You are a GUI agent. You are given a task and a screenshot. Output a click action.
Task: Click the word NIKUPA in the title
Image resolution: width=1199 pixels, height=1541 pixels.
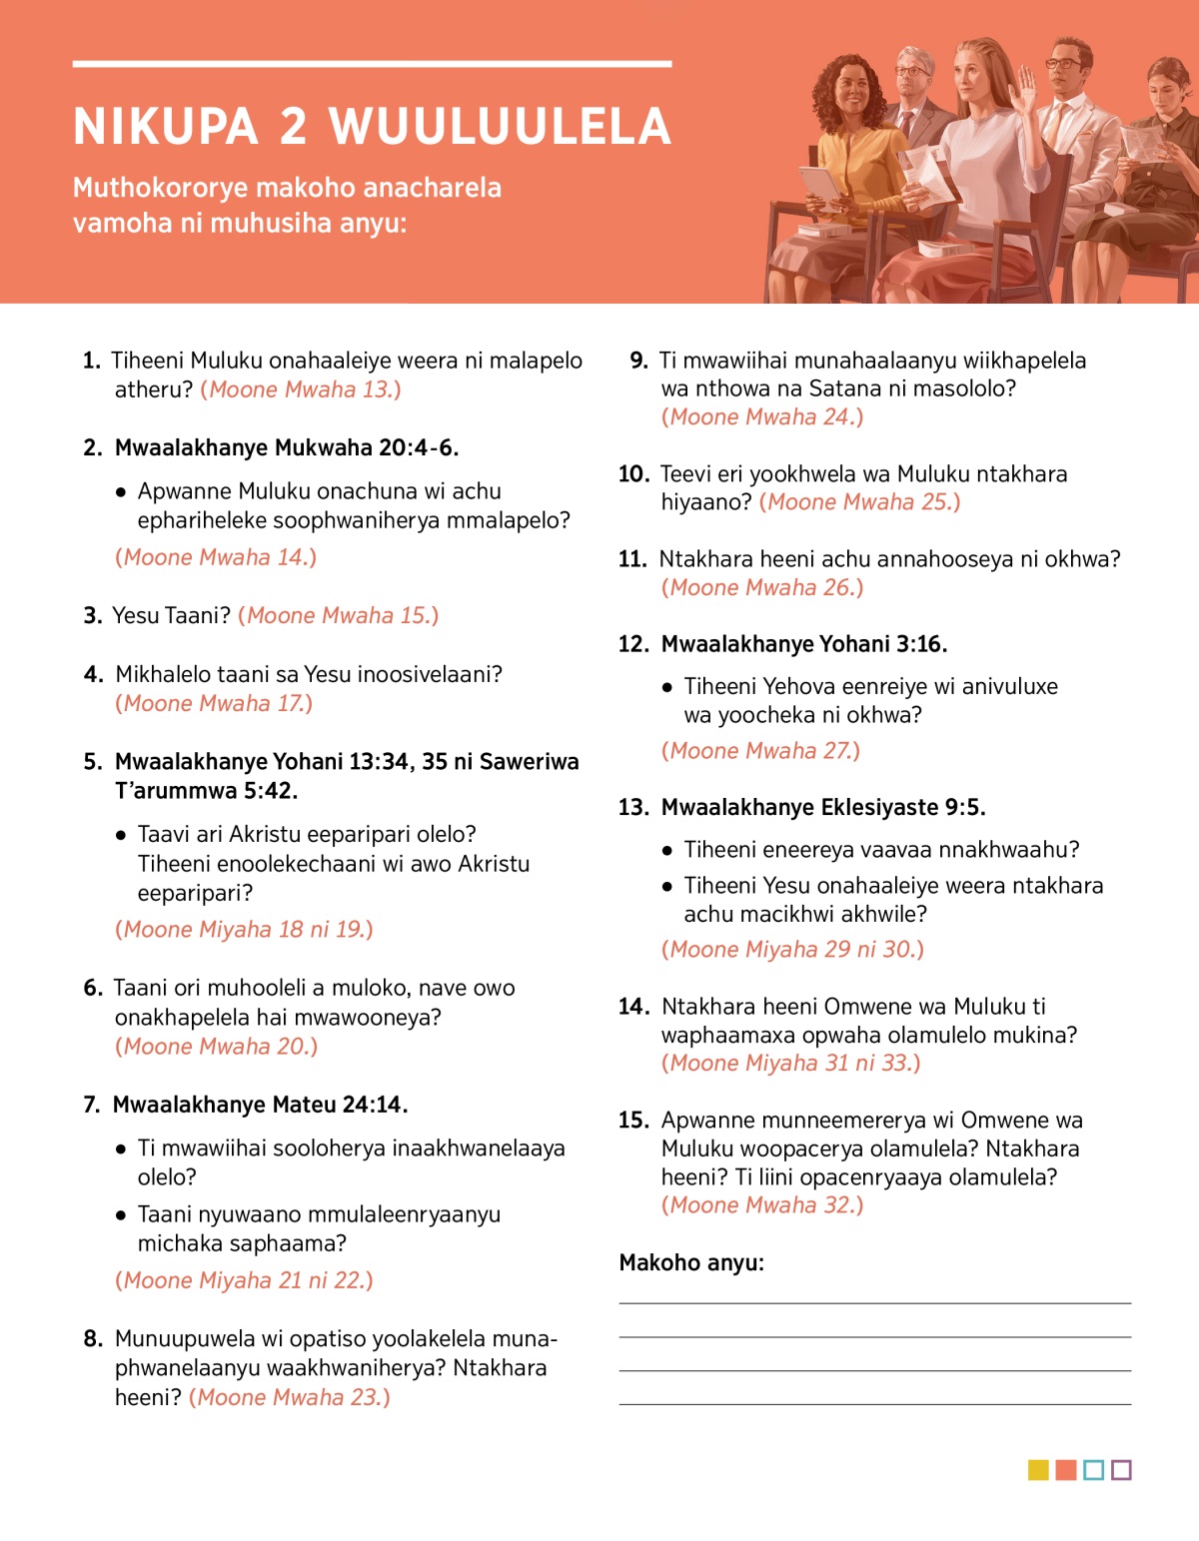point(166,127)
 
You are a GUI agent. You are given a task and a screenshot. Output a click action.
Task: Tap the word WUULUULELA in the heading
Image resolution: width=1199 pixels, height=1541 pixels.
point(500,127)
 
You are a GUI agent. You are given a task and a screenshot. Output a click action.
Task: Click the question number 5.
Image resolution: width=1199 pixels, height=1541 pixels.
point(92,762)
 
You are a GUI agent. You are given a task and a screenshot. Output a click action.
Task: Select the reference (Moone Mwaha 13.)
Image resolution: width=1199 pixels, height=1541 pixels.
point(301,389)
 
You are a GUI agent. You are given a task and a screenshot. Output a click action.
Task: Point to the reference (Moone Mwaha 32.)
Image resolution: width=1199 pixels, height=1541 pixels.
point(762,1205)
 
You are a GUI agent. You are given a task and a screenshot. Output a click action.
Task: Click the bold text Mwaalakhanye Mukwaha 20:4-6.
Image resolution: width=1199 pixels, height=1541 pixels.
point(287,447)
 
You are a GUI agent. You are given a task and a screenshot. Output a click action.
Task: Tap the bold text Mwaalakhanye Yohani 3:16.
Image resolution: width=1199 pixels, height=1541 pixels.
point(804,644)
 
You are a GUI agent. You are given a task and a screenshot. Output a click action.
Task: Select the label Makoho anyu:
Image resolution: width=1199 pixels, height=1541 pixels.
point(691,1263)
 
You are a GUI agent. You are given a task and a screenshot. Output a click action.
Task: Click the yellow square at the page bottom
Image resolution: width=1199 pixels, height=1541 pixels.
point(1038,1470)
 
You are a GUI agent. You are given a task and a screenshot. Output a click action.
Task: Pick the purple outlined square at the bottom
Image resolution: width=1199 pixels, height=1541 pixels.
point(1121,1470)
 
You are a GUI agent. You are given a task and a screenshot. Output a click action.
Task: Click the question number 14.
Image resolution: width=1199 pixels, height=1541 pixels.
point(633,1007)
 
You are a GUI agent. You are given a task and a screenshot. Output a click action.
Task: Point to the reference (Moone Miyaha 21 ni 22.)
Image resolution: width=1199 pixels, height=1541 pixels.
point(244,1280)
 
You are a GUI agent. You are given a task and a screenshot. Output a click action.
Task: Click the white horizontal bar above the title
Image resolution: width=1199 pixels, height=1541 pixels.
point(372,64)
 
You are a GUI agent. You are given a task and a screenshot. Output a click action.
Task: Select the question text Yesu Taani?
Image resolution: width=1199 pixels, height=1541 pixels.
point(171,616)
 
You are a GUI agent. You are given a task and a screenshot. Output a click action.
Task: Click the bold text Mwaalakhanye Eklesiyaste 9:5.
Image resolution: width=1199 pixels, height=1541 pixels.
point(823,807)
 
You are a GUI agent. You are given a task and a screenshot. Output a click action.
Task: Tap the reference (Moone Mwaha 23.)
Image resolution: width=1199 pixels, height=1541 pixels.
point(290,1397)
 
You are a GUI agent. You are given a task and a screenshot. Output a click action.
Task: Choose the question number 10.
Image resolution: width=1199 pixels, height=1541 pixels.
point(633,474)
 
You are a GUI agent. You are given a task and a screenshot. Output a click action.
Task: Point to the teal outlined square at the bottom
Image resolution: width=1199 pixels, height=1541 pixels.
point(1093,1470)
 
